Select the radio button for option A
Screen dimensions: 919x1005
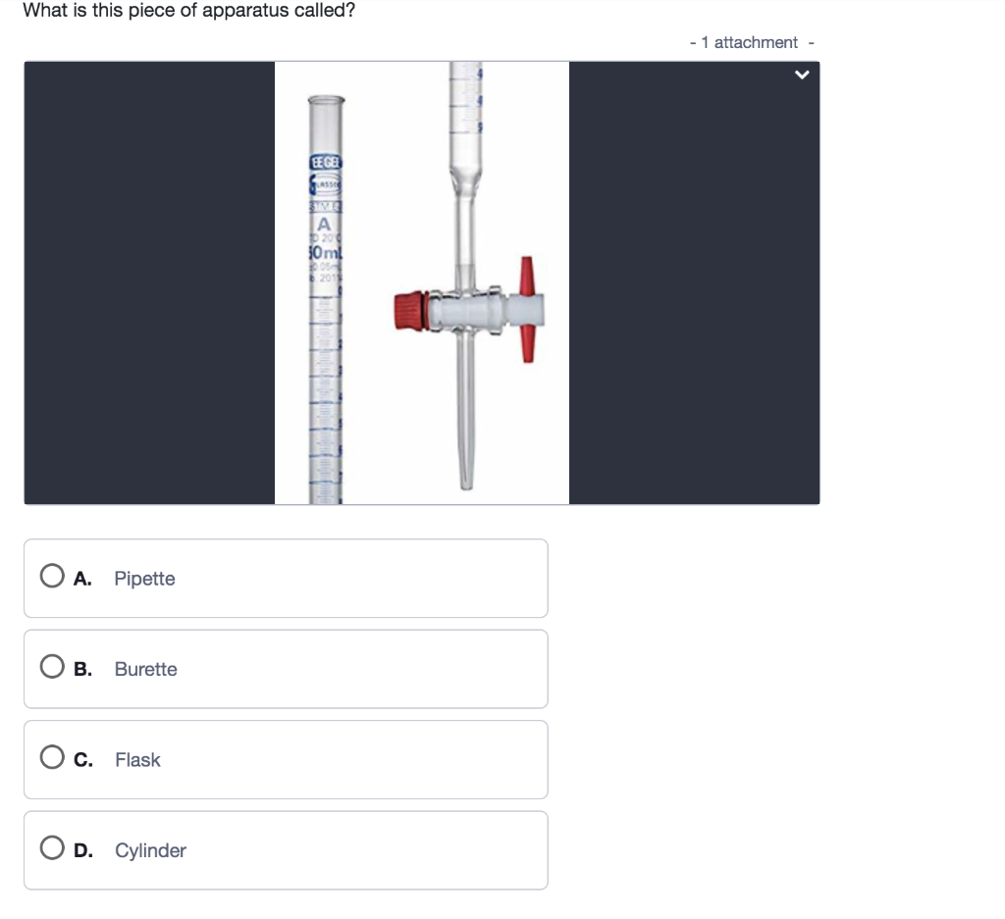52,578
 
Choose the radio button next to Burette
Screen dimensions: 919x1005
52,669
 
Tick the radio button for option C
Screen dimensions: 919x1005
52,759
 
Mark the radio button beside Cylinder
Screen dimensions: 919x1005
52,850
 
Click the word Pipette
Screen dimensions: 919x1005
144,579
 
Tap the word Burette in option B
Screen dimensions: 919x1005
145,669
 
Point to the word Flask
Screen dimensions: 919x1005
137,760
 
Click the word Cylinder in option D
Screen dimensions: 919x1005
150,850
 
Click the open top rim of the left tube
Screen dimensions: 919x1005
327,100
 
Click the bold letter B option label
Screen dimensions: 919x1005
83,669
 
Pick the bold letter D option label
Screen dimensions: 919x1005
83,850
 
